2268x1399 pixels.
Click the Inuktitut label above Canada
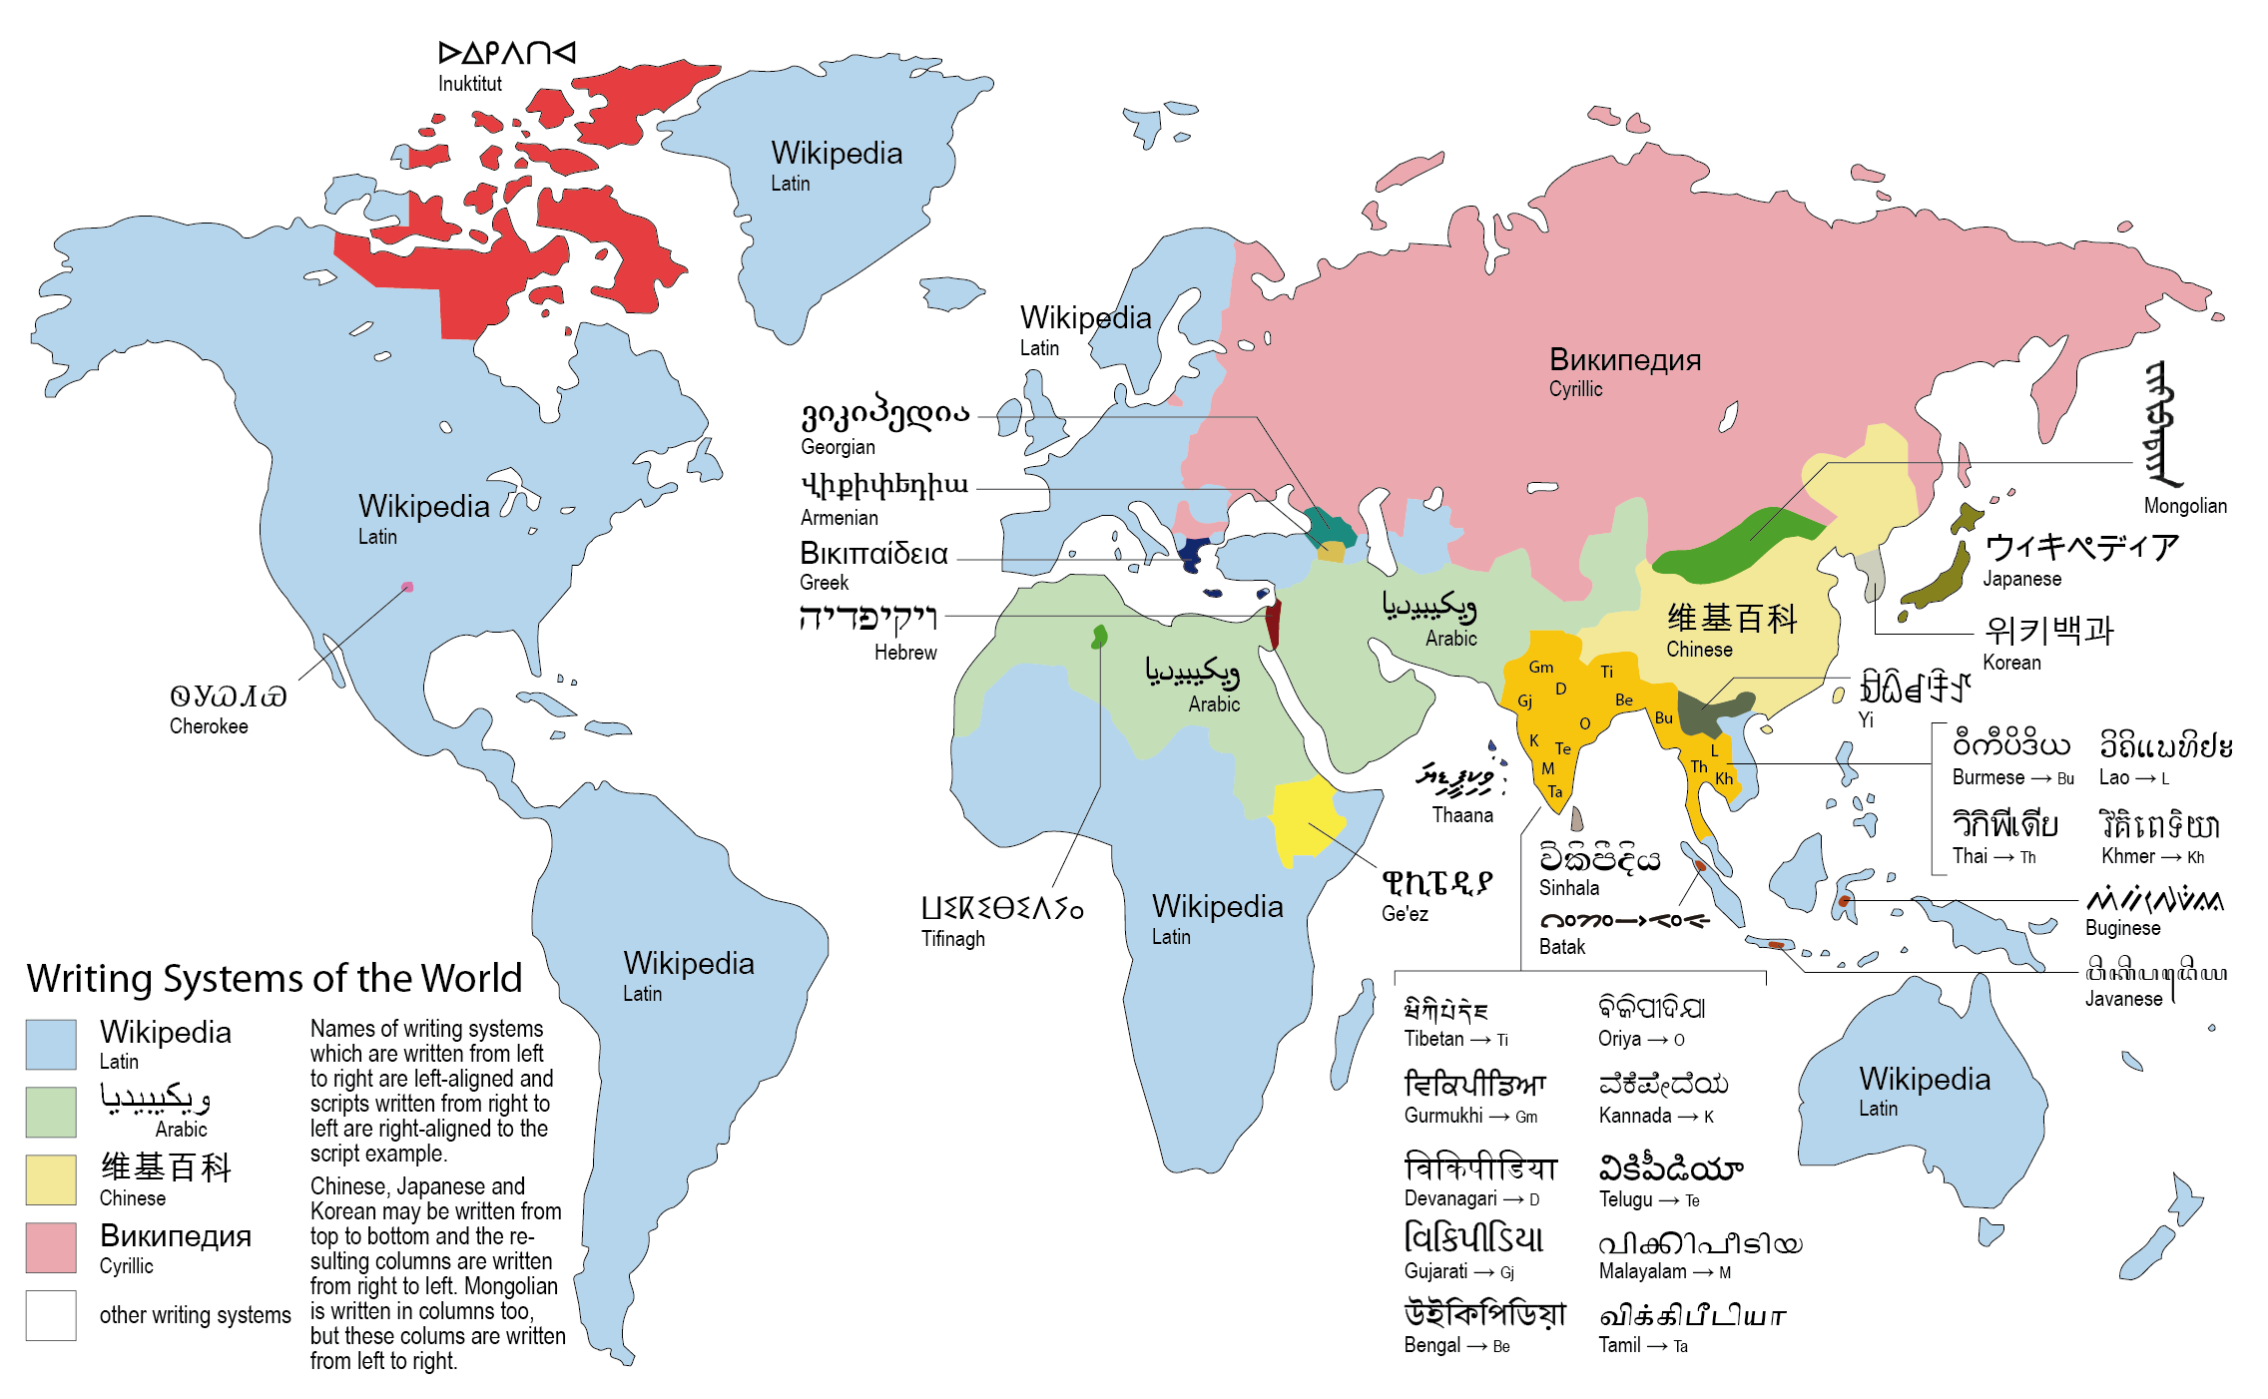click(469, 84)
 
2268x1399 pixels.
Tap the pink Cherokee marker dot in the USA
click(407, 587)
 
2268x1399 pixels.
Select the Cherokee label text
click(209, 726)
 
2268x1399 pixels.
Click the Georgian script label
click(838, 447)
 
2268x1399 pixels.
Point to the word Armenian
click(839, 518)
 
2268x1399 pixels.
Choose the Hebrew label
click(905, 653)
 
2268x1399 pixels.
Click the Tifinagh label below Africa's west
click(952, 939)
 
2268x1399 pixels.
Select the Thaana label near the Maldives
click(1462, 815)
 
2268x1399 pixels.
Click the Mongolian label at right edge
click(2185, 506)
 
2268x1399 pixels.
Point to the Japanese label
click(2021, 579)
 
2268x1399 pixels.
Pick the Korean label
click(2011, 663)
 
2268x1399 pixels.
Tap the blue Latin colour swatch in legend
click(51, 1044)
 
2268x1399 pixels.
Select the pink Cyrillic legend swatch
click(51, 1247)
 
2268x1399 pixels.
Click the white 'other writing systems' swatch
click(51, 1315)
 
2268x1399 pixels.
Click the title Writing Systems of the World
click(275, 978)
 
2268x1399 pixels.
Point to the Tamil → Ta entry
click(1642, 1345)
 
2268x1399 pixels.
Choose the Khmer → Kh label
click(2151, 856)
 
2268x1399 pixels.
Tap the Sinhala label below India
click(1568, 888)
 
